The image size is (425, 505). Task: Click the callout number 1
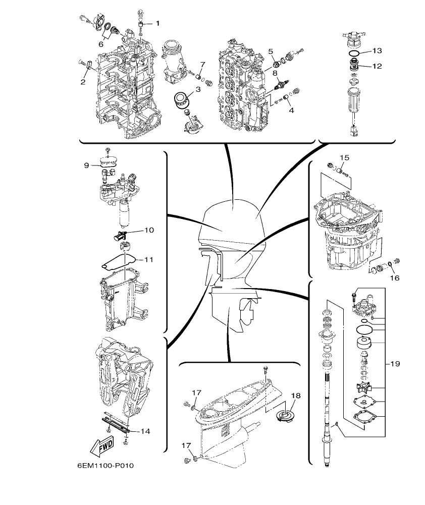point(157,23)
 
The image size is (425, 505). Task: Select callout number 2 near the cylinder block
point(82,81)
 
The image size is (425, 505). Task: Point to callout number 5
point(271,51)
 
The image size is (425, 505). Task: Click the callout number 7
point(202,64)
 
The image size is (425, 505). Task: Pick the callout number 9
point(86,165)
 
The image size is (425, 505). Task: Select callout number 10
point(148,230)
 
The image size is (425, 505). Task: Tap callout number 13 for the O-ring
point(378,51)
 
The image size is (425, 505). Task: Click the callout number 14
point(145,431)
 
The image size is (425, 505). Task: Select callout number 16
point(394,278)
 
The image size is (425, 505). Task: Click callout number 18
point(295,396)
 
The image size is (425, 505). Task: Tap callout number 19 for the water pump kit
point(395,364)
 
